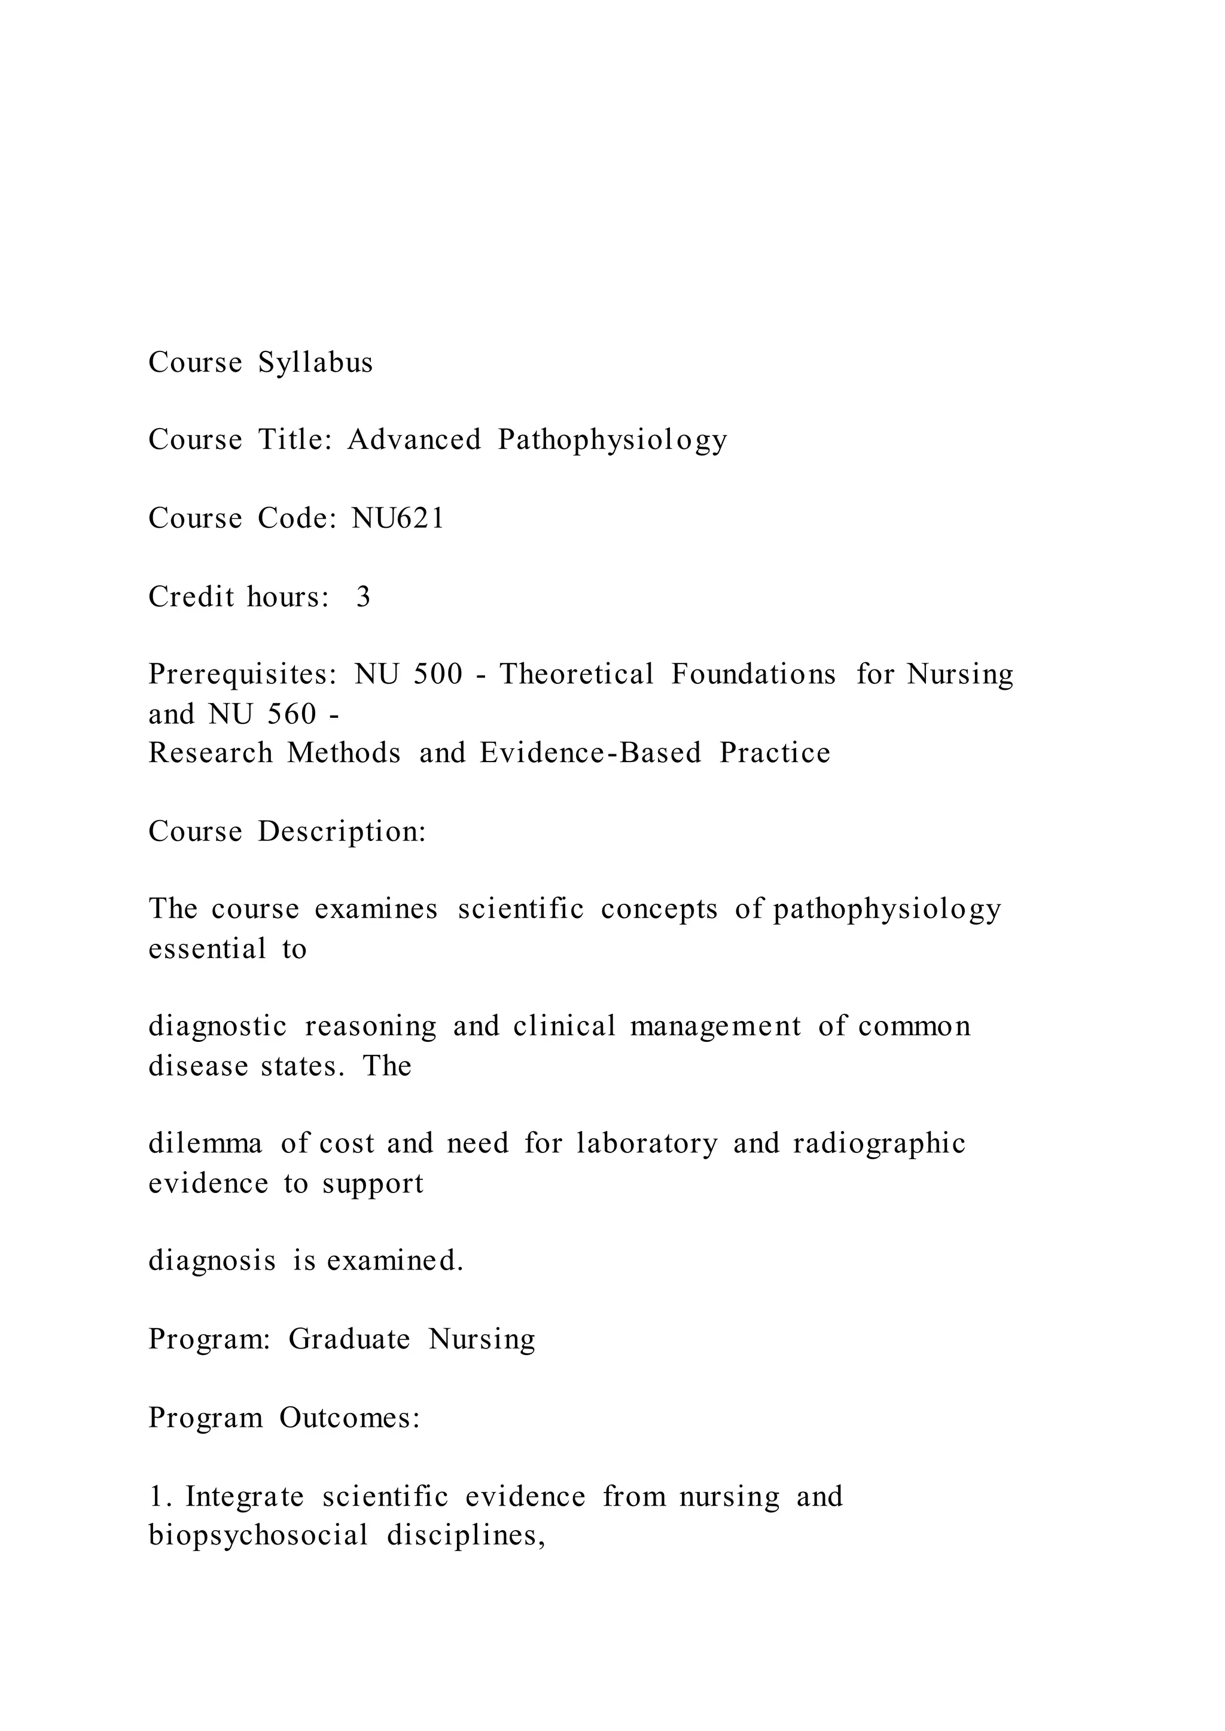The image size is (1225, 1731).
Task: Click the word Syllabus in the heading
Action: tap(315, 363)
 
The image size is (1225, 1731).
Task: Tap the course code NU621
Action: tap(398, 519)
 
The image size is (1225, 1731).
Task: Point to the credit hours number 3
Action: tap(363, 597)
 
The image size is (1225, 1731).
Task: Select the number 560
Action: tap(292, 714)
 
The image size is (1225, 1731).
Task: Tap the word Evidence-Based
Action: tap(590, 753)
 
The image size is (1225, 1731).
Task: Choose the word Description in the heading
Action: tap(342, 831)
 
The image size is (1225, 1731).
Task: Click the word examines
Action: tap(376, 909)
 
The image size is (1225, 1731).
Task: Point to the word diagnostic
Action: tap(217, 1027)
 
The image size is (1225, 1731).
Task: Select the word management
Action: tap(715, 1027)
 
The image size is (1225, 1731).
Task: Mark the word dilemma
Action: tap(205, 1143)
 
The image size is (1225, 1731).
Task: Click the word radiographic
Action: tap(879, 1143)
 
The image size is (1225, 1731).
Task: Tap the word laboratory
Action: tap(647, 1143)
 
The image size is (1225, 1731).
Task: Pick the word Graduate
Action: tap(349, 1339)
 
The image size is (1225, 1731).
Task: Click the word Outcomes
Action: tap(349, 1417)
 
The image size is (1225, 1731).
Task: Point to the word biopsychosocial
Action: tap(258, 1535)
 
